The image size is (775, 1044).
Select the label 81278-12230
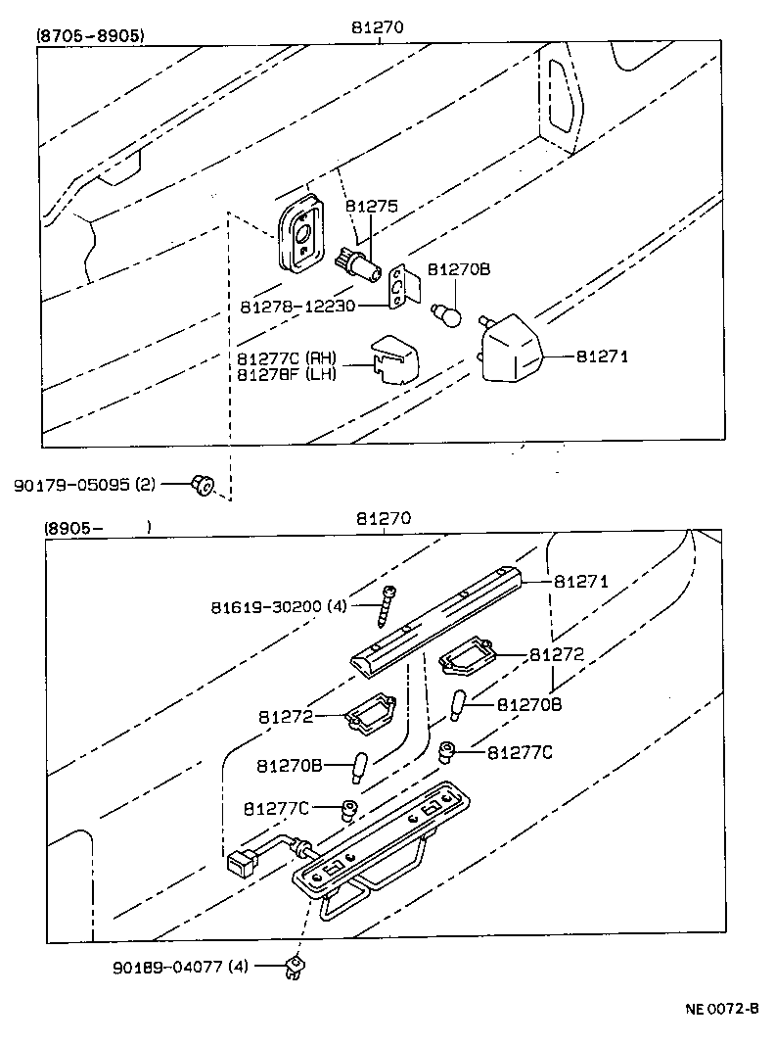(297, 307)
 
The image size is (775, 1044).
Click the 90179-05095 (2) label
(84, 484)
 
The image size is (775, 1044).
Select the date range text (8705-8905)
(90, 35)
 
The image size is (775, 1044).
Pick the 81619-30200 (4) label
(279, 606)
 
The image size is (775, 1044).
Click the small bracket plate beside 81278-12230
(401, 287)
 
